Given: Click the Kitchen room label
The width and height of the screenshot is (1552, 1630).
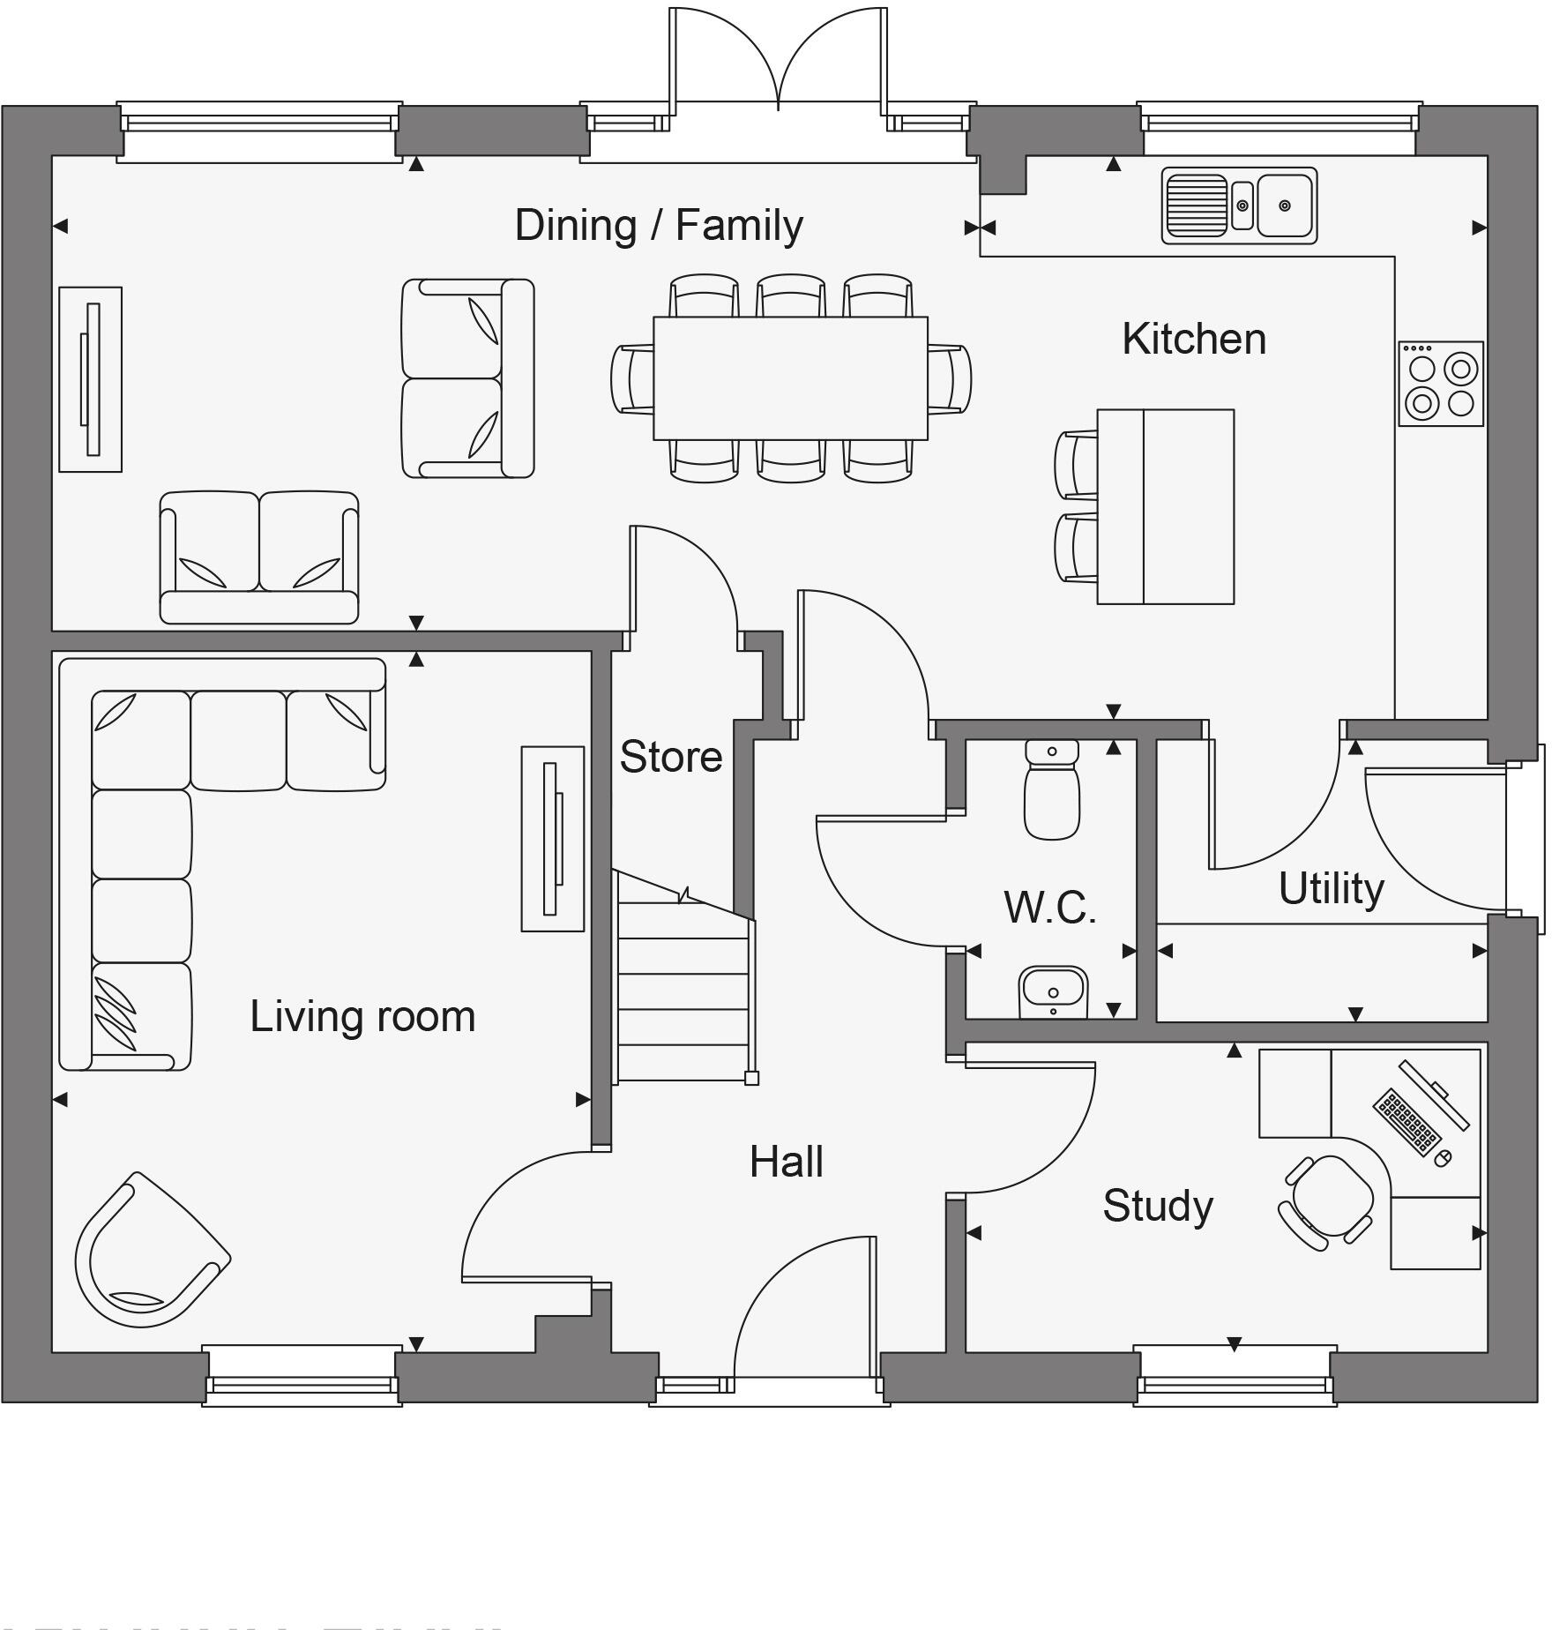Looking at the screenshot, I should (1194, 340).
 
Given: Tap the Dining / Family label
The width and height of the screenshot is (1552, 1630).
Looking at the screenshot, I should (659, 225).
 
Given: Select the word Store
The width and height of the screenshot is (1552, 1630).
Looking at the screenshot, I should (670, 757).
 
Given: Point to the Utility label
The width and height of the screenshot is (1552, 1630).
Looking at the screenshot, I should (1331, 888).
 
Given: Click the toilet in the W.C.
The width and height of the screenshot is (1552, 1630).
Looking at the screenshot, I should (1052, 789).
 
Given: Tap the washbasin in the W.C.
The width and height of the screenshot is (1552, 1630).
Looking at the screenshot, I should (1053, 991).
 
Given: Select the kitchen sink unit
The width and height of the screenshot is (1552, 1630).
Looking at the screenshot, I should (1239, 206).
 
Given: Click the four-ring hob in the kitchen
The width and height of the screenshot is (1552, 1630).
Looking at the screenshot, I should (1440, 384).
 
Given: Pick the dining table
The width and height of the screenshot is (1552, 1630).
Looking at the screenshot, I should (790, 378).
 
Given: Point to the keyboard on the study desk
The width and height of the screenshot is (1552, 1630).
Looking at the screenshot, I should (1408, 1121).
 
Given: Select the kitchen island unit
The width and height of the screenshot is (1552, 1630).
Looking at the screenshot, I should (1165, 506).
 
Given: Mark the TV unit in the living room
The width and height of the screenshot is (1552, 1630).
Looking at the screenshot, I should (553, 839).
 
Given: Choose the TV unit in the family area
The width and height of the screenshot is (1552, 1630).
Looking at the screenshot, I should (91, 379).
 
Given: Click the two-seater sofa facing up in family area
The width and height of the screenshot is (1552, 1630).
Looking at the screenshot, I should (259, 557).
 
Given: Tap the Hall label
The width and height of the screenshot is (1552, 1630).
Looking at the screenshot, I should (787, 1163).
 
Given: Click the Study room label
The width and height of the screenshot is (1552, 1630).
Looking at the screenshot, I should (1158, 1206).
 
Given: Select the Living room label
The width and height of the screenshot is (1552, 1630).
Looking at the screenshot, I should (362, 1016).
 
